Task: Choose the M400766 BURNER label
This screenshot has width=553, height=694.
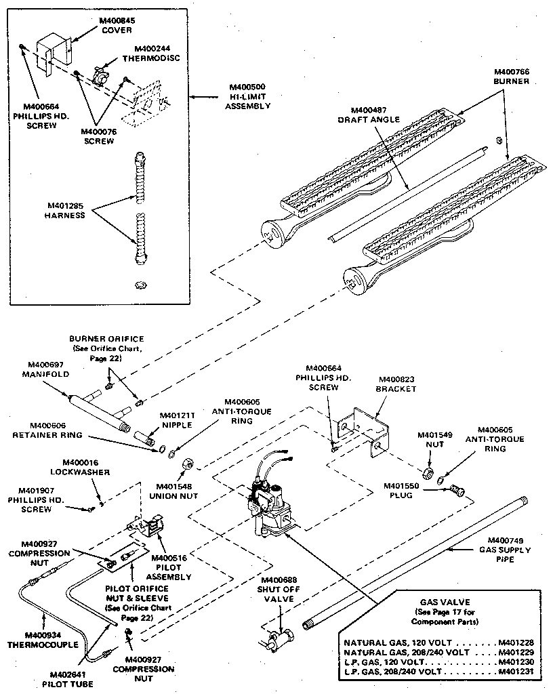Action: point(512,76)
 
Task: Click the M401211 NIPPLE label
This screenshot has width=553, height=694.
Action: point(178,420)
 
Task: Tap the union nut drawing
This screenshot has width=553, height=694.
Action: point(188,463)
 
